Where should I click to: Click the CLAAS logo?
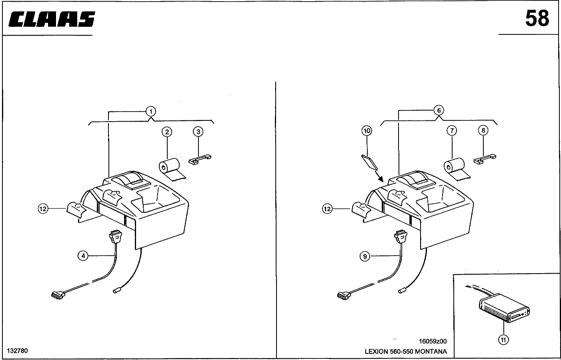tap(52, 19)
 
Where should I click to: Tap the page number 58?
tap(537, 18)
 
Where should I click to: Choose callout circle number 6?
tap(439, 110)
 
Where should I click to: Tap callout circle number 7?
tap(451, 130)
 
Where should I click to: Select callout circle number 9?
tap(365, 256)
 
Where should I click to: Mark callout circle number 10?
tap(367, 130)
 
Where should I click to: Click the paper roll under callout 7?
tap(455, 167)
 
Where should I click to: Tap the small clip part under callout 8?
tap(485, 159)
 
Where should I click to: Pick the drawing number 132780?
tap(17, 351)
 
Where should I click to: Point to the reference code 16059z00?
tap(433, 341)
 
